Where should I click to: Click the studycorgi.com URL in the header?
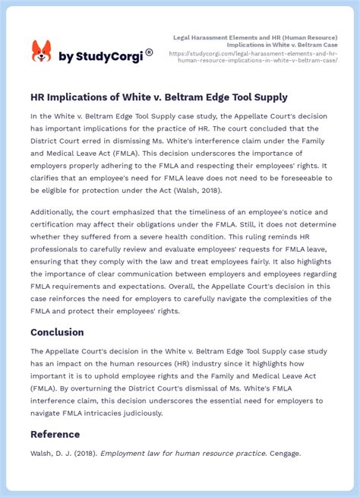pos(254,58)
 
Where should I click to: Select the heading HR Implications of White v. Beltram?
pos(159,97)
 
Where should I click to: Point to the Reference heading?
pos(55,435)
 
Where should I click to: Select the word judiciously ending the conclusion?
pos(137,413)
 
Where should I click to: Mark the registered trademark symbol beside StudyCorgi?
pos(149,52)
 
